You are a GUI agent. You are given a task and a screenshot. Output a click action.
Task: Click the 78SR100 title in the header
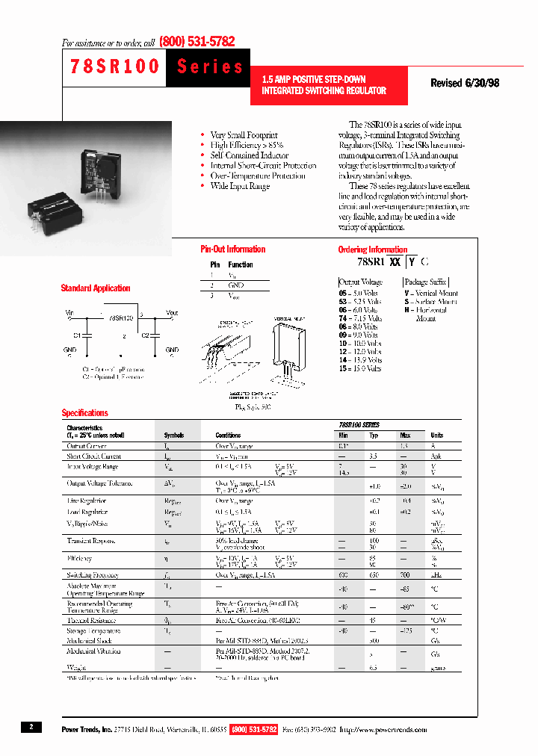pos(114,66)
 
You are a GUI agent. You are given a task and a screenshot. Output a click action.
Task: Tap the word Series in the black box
pos(210,66)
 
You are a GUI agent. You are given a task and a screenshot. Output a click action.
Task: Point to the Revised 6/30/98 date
pos(465,84)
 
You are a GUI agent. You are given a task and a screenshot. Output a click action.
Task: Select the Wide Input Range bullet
pos(239,186)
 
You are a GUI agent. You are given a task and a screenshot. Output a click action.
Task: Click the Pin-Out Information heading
pos(233,250)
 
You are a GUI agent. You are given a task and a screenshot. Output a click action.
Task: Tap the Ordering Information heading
pos(373,250)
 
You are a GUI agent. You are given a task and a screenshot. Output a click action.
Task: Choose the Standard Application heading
pos(96,288)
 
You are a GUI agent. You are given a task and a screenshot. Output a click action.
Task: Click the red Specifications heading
pos(84,413)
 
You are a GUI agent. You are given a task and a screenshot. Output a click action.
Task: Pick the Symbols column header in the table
pos(173,435)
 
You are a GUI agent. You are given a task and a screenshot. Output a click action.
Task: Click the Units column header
pos(436,435)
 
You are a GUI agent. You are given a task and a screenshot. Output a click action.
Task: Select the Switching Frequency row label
pos(94,575)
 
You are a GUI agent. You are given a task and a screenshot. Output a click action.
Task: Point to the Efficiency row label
pos(79,557)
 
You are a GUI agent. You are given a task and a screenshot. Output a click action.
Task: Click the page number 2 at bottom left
pos(31,727)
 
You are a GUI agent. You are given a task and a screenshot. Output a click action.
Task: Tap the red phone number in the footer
pos(254,728)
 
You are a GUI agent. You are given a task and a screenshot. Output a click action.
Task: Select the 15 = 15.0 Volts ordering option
pos(359,368)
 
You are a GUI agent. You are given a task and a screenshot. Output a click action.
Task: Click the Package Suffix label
pos(425,282)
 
